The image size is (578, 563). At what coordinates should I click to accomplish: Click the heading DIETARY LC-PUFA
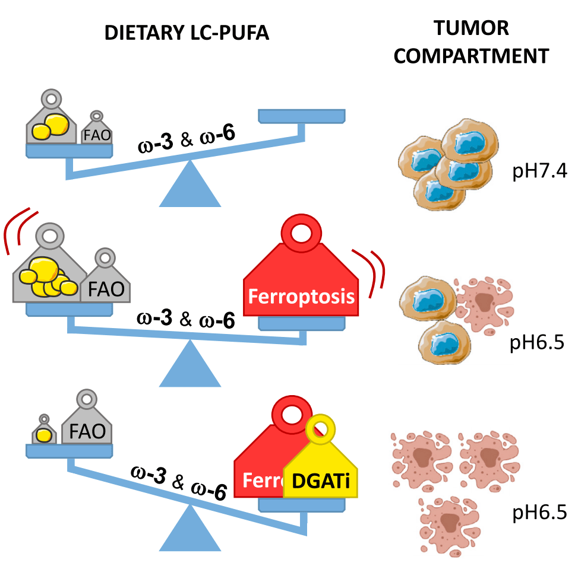[x=187, y=33]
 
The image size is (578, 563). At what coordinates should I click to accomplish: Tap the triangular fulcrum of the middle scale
[x=189, y=365]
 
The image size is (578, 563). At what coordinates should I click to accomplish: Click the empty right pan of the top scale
[x=301, y=116]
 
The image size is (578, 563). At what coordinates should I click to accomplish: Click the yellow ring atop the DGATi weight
[x=321, y=427]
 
